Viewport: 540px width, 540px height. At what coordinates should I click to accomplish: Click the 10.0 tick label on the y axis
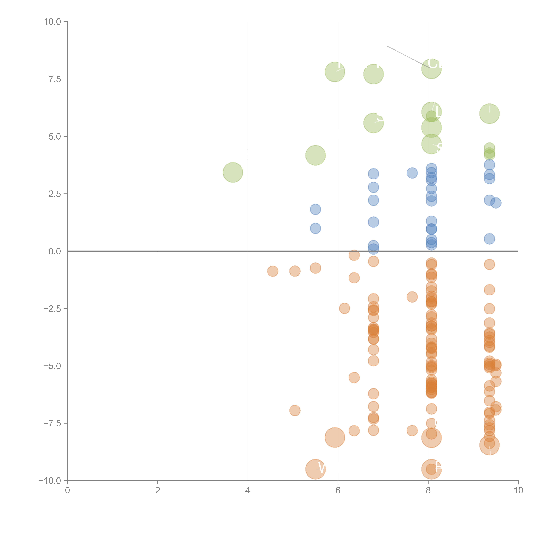click(53, 22)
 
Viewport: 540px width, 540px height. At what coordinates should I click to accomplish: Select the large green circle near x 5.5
click(315, 155)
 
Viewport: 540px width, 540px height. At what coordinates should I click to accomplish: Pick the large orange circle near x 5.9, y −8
click(335, 437)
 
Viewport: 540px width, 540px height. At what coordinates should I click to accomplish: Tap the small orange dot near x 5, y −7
click(295, 411)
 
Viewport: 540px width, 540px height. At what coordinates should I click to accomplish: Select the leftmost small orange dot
click(272, 271)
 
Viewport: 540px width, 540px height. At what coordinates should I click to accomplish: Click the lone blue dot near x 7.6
click(412, 173)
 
